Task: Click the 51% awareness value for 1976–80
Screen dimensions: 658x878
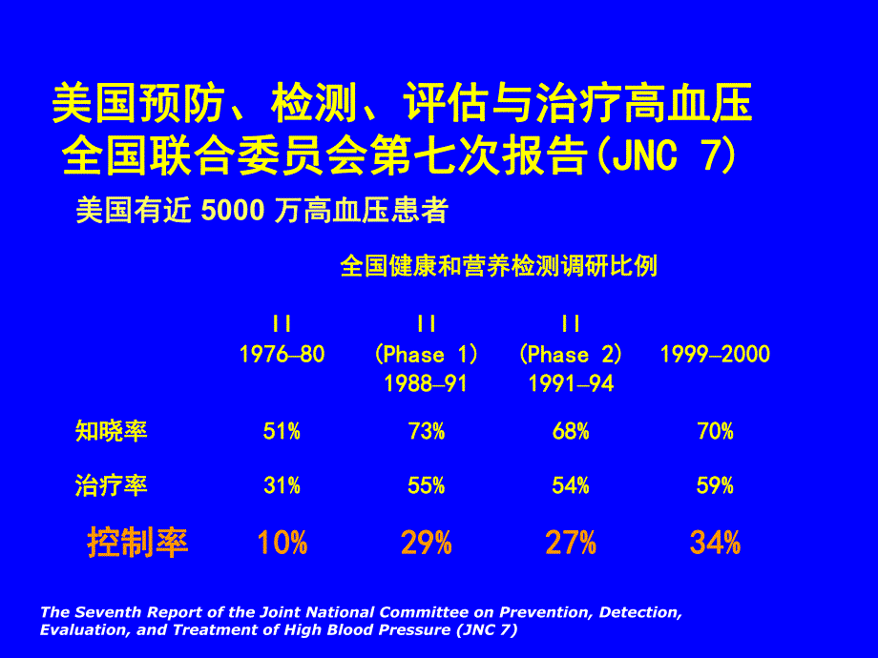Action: (282, 432)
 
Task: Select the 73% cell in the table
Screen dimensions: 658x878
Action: (426, 432)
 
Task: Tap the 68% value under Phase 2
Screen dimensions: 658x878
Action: (570, 432)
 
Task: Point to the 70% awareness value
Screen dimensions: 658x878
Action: (715, 432)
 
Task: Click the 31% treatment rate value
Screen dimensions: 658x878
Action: (282, 486)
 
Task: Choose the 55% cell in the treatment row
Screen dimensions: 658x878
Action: (426, 486)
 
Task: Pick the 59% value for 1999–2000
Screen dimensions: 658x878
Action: (715, 486)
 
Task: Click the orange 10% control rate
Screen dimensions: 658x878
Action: (282, 544)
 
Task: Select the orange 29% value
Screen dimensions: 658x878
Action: (426, 544)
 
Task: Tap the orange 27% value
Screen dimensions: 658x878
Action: (570, 544)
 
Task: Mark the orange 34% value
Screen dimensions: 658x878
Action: (715, 544)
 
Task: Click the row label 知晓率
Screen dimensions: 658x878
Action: (112, 432)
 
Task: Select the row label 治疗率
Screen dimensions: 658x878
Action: (112, 486)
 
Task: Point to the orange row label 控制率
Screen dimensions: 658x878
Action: (137, 543)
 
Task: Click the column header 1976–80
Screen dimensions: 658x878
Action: (282, 355)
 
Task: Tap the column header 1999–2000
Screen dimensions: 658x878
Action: (715, 355)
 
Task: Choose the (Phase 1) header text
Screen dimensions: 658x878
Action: (427, 355)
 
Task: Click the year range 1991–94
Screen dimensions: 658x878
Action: (571, 383)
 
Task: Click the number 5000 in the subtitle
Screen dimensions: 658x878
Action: (233, 212)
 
